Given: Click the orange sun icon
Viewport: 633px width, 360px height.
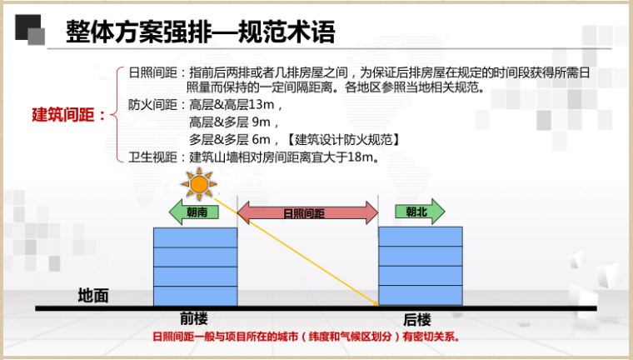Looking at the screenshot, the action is [198, 185].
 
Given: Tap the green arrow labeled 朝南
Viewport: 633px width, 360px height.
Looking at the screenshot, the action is [194, 212].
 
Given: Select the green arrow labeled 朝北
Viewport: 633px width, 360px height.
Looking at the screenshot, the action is [420, 212].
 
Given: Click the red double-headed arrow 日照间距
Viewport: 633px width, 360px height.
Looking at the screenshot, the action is [307, 212].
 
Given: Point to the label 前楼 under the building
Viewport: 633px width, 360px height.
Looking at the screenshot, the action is [194, 319].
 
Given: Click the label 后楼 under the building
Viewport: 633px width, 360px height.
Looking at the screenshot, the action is [417, 320].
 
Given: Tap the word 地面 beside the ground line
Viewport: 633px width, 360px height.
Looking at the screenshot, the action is [93, 296].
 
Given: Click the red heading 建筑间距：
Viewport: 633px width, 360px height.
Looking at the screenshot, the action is [68, 115].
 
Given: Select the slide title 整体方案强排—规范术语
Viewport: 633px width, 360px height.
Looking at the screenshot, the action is [201, 32].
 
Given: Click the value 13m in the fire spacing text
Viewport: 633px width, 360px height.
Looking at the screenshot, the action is [262, 105].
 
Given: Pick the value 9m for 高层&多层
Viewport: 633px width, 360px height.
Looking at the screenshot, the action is [261, 122].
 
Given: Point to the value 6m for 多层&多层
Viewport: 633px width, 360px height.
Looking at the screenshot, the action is [261, 139].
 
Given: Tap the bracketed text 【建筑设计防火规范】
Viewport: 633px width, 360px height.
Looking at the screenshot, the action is [344, 140].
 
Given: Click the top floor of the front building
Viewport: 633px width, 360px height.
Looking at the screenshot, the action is [196, 237].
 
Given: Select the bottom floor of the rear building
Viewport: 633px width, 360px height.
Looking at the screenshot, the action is [421, 295].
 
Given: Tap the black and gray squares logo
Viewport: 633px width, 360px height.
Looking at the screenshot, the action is [30, 29].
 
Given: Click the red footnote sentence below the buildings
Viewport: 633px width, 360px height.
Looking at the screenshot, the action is [307, 337].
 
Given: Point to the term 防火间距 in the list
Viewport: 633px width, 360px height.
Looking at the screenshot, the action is [153, 105].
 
